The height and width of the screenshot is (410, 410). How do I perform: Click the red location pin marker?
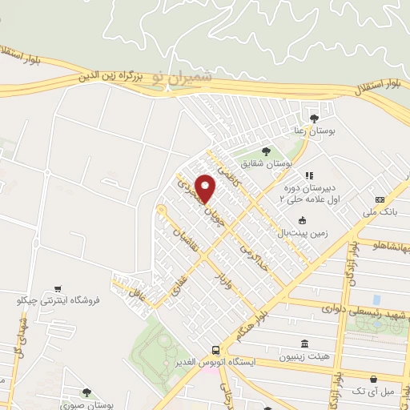(207, 187)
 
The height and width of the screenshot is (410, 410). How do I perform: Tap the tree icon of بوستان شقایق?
(266, 150)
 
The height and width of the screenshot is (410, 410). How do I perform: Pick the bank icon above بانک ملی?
(380, 199)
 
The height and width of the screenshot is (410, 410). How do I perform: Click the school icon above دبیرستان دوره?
(309, 175)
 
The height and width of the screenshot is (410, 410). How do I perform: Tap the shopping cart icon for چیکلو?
(58, 287)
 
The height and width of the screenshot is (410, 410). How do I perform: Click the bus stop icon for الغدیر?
(215, 349)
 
